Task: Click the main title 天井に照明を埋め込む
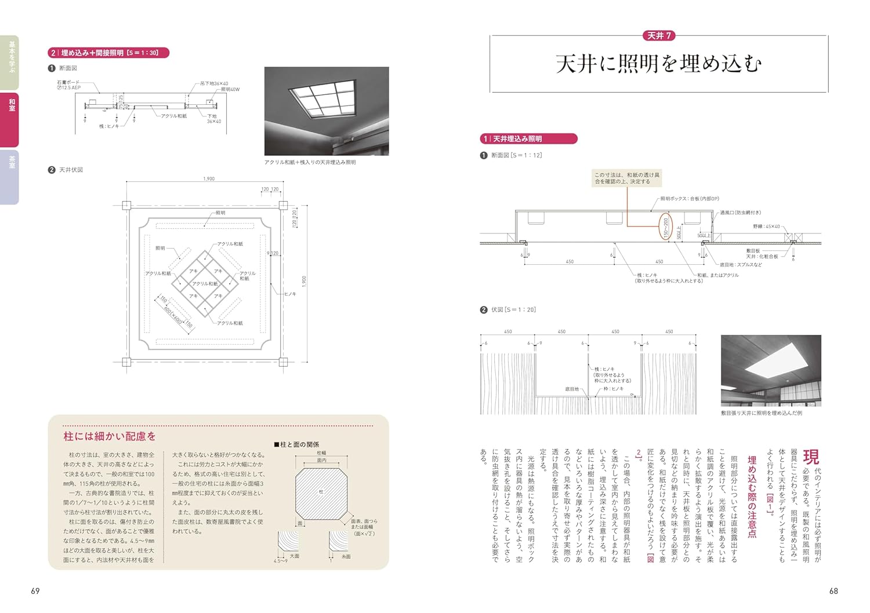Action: (659, 64)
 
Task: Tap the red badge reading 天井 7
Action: (659, 36)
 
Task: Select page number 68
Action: (833, 591)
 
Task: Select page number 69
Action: (35, 591)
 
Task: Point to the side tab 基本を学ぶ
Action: (10, 58)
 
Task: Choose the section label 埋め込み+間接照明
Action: (109, 53)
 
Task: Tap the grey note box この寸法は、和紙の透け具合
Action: (626, 178)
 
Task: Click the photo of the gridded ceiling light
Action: (327, 111)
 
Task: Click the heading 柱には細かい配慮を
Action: (110, 436)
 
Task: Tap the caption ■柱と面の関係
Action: (296, 444)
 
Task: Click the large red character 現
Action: (810, 457)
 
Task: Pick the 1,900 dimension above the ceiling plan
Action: (209, 179)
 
